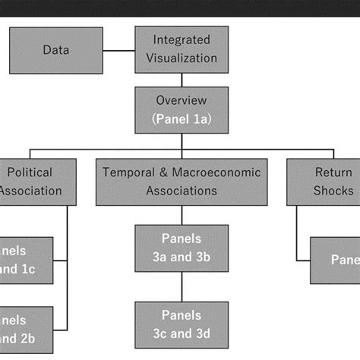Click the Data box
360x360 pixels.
[55, 51]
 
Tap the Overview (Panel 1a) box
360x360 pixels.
[181, 109]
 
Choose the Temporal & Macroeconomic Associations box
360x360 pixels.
[181, 182]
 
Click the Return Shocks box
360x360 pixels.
[323, 182]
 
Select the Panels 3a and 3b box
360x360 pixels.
[181, 248]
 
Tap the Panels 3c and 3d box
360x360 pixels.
[181, 324]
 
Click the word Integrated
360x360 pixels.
[181, 39]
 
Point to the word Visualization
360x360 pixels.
[181, 58]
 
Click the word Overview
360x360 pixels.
[181, 100]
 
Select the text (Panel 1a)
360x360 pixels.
[181, 118]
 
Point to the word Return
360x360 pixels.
[334, 172]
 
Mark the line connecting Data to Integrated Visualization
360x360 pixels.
[118, 52]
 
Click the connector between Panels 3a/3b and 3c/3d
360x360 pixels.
[181, 286]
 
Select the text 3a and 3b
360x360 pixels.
[181, 257]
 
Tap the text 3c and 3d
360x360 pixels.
[181, 333]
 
